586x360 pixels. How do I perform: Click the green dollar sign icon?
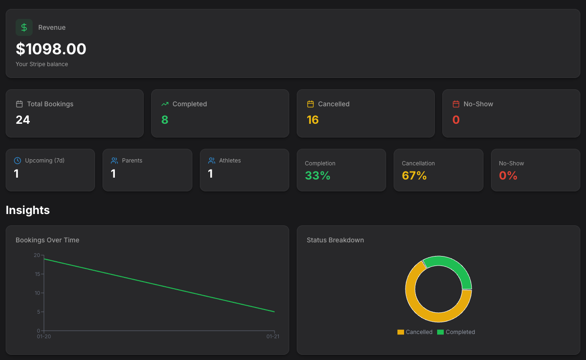point(24,27)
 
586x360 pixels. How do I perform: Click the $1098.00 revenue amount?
point(51,49)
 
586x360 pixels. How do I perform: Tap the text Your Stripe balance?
point(42,64)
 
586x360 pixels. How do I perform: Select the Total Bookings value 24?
point(23,120)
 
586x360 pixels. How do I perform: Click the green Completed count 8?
point(164,120)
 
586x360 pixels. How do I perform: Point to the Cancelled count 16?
point(312,120)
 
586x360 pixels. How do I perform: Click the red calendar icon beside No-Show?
point(456,104)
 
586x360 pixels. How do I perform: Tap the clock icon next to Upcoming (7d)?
point(17,161)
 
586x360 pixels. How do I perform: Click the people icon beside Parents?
point(114,161)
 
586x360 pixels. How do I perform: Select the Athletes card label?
point(230,161)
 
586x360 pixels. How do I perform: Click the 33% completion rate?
point(318,176)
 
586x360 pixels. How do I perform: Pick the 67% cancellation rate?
point(414,176)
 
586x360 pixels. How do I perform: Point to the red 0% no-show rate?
point(508,176)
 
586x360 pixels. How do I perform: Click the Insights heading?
point(28,210)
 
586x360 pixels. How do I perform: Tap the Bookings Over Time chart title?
point(47,240)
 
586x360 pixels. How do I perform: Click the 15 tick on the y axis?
point(37,274)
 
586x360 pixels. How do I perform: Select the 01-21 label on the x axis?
point(273,336)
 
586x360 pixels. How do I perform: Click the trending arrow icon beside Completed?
point(165,104)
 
